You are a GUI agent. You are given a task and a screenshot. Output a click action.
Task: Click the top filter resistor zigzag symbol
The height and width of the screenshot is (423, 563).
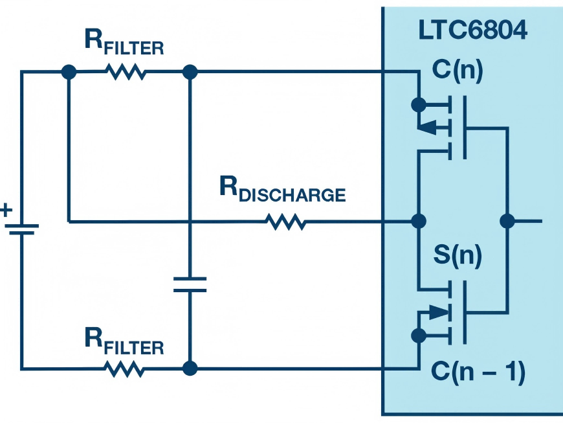pyautogui.click(x=127, y=73)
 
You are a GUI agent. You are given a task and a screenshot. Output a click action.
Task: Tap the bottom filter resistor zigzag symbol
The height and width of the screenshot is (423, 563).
pyautogui.click(x=124, y=369)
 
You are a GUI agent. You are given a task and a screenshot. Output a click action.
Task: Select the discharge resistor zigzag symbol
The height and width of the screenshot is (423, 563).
pyautogui.click(x=285, y=222)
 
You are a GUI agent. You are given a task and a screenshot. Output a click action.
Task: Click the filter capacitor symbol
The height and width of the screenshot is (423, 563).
pyautogui.click(x=190, y=284)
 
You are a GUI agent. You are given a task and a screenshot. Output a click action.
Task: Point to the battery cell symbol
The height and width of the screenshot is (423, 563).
pyautogui.click(x=21, y=229)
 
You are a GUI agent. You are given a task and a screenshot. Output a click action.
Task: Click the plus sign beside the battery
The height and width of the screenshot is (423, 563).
pyautogui.click(x=6, y=210)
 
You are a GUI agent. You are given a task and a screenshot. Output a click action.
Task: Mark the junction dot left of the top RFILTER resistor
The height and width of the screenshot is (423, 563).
pyautogui.click(x=68, y=72)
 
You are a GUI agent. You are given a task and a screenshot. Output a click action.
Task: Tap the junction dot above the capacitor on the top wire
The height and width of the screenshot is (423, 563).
pyautogui.click(x=190, y=72)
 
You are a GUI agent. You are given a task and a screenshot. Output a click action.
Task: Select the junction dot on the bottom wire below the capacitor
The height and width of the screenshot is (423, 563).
pyautogui.click(x=190, y=369)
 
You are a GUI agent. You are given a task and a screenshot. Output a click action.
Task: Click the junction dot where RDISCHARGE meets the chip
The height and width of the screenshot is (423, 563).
pyautogui.click(x=419, y=222)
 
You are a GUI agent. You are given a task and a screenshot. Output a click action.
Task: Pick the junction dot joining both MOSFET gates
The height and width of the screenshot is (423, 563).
pyautogui.click(x=507, y=222)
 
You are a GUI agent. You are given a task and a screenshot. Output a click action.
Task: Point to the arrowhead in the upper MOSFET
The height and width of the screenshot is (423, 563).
pyautogui.click(x=428, y=129)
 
